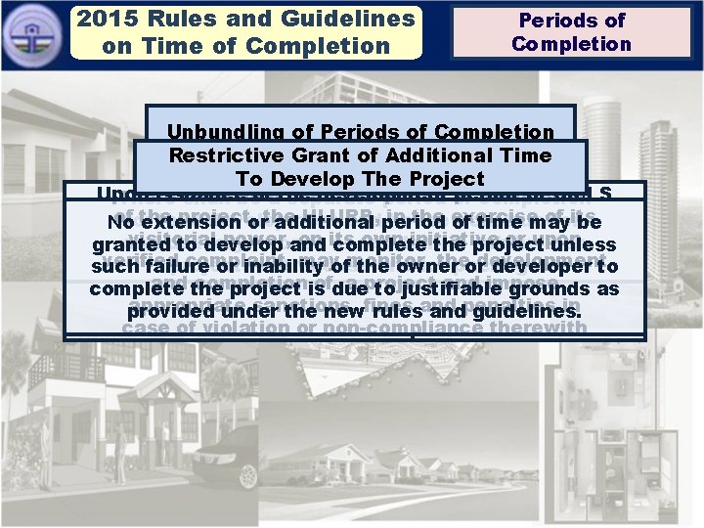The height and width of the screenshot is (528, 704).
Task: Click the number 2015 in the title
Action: pyautogui.click(x=107, y=19)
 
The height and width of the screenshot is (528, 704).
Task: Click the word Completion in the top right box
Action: pyautogui.click(x=571, y=44)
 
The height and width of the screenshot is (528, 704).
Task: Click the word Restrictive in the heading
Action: pyautogui.click(x=226, y=155)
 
